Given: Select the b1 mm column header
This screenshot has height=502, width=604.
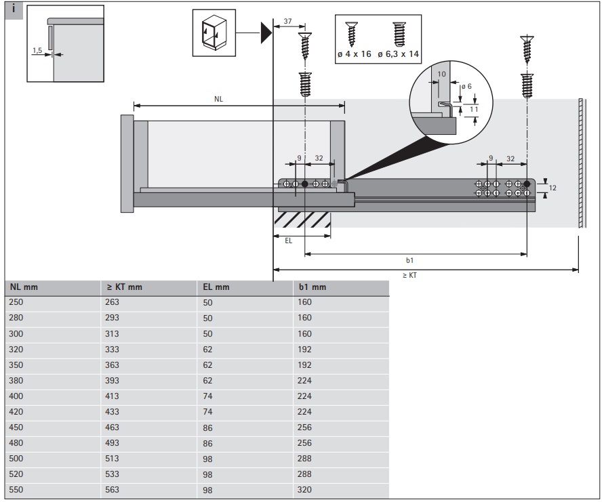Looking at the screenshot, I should click(x=312, y=287).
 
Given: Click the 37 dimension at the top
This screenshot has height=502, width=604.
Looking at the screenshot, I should click(x=287, y=22).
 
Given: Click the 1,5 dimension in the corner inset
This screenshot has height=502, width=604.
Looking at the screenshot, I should click(x=37, y=49).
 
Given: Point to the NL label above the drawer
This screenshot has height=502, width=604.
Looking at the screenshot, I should click(x=218, y=99).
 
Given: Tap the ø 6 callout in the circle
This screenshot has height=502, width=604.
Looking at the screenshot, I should click(x=466, y=87).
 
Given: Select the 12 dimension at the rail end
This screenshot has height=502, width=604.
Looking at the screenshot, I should click(x=552, y=188).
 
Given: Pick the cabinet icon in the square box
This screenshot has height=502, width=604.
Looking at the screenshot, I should click(x=214, y=32).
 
